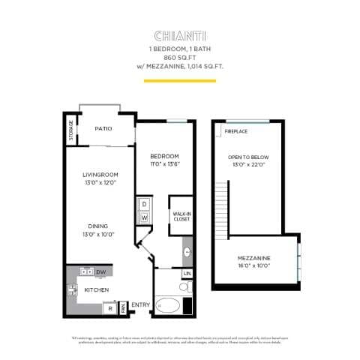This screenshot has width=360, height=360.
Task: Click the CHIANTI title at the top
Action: point(180,35)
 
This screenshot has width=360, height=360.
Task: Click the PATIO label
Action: point(103,129)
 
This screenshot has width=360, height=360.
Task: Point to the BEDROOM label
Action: point(164,155)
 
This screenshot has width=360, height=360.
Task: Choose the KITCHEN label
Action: point(97,289)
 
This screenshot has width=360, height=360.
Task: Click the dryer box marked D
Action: point(142,204)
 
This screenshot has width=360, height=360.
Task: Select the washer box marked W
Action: point(142,218)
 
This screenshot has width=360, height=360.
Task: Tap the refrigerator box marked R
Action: point(110,307)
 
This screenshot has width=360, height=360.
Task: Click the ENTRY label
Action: point(139,304)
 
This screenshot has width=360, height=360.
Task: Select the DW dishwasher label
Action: point(100,271)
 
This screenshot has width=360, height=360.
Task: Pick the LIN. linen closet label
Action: point(186,274)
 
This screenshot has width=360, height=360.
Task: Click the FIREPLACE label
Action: point(236,132)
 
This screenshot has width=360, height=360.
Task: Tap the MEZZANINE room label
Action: point(254,258)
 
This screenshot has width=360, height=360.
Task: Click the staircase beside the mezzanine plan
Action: point(219,210)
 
